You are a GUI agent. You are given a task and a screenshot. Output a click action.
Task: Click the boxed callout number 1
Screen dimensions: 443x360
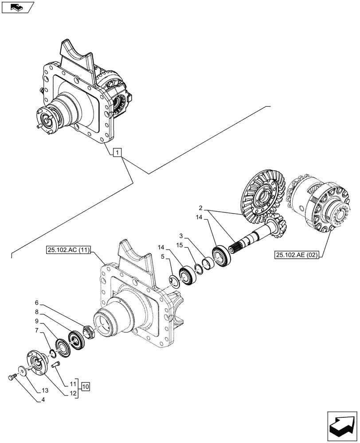click(117, 153)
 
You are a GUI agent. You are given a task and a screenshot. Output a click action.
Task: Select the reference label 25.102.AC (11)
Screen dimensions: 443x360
click(68, 251)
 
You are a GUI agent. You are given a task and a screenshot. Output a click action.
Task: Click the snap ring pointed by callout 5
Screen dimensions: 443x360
click(174, 281)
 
